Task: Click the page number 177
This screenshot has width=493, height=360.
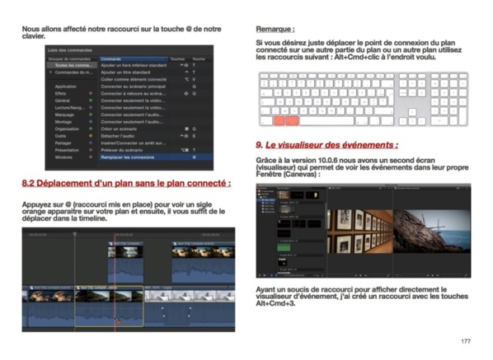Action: click(465, 340)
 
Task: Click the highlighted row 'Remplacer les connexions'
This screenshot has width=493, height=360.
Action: click(131, 157)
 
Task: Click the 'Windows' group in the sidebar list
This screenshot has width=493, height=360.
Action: click(64, 157)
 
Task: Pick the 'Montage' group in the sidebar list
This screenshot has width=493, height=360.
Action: click(64, 122)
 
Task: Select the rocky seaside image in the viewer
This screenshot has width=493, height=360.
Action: click(430, 231)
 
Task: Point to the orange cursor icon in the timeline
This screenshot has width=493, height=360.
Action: click(117, 320)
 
